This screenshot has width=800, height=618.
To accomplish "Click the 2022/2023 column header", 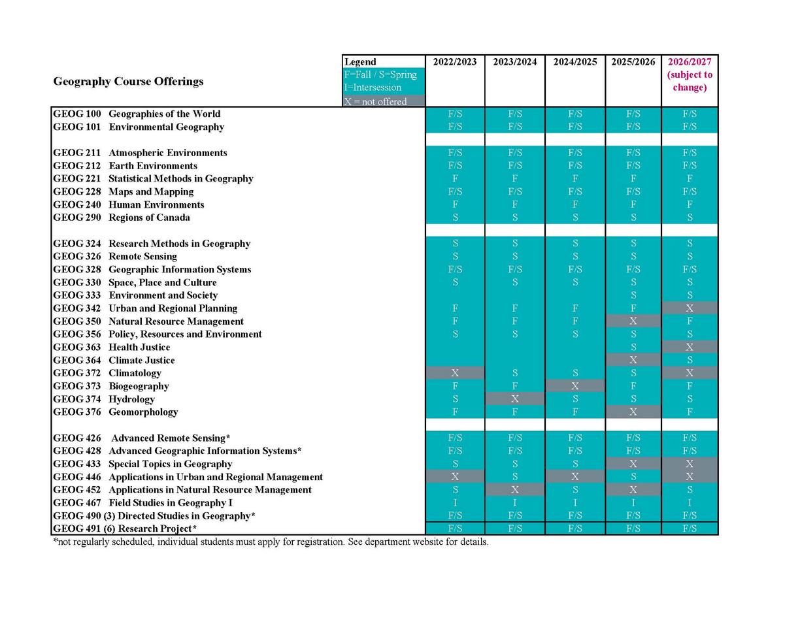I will pos(455,62).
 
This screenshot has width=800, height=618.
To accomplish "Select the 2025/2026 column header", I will pos(633,62).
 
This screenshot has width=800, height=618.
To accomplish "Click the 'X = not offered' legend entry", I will pos(375,101).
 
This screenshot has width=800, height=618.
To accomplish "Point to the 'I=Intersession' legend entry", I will pos(373,88).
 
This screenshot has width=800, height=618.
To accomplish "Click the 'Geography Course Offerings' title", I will pos(128,81).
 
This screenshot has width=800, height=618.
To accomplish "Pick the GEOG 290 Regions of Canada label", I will pos(122,218).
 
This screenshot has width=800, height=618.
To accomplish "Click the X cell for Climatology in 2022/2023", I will pos(455,373).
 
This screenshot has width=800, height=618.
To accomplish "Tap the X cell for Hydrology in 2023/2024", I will pos(515,399).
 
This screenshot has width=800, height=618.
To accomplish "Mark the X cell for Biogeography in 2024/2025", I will pos(575,386).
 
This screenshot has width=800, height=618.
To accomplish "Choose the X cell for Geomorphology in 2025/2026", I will pos(633,412).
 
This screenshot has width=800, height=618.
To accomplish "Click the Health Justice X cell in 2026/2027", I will pos(690,347).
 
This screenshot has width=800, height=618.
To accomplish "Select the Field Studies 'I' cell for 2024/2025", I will pos(575,503).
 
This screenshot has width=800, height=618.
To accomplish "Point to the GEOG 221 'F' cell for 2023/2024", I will pos(515,178).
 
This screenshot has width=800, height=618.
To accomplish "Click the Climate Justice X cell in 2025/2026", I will pos(633,360).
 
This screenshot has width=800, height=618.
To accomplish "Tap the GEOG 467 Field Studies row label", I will pos(142,503).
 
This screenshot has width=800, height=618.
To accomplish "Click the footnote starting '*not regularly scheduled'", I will pos(271,542).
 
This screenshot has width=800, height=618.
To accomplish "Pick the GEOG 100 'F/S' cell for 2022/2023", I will pos(455,114).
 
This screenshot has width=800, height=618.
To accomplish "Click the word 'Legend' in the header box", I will pos(360,62).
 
